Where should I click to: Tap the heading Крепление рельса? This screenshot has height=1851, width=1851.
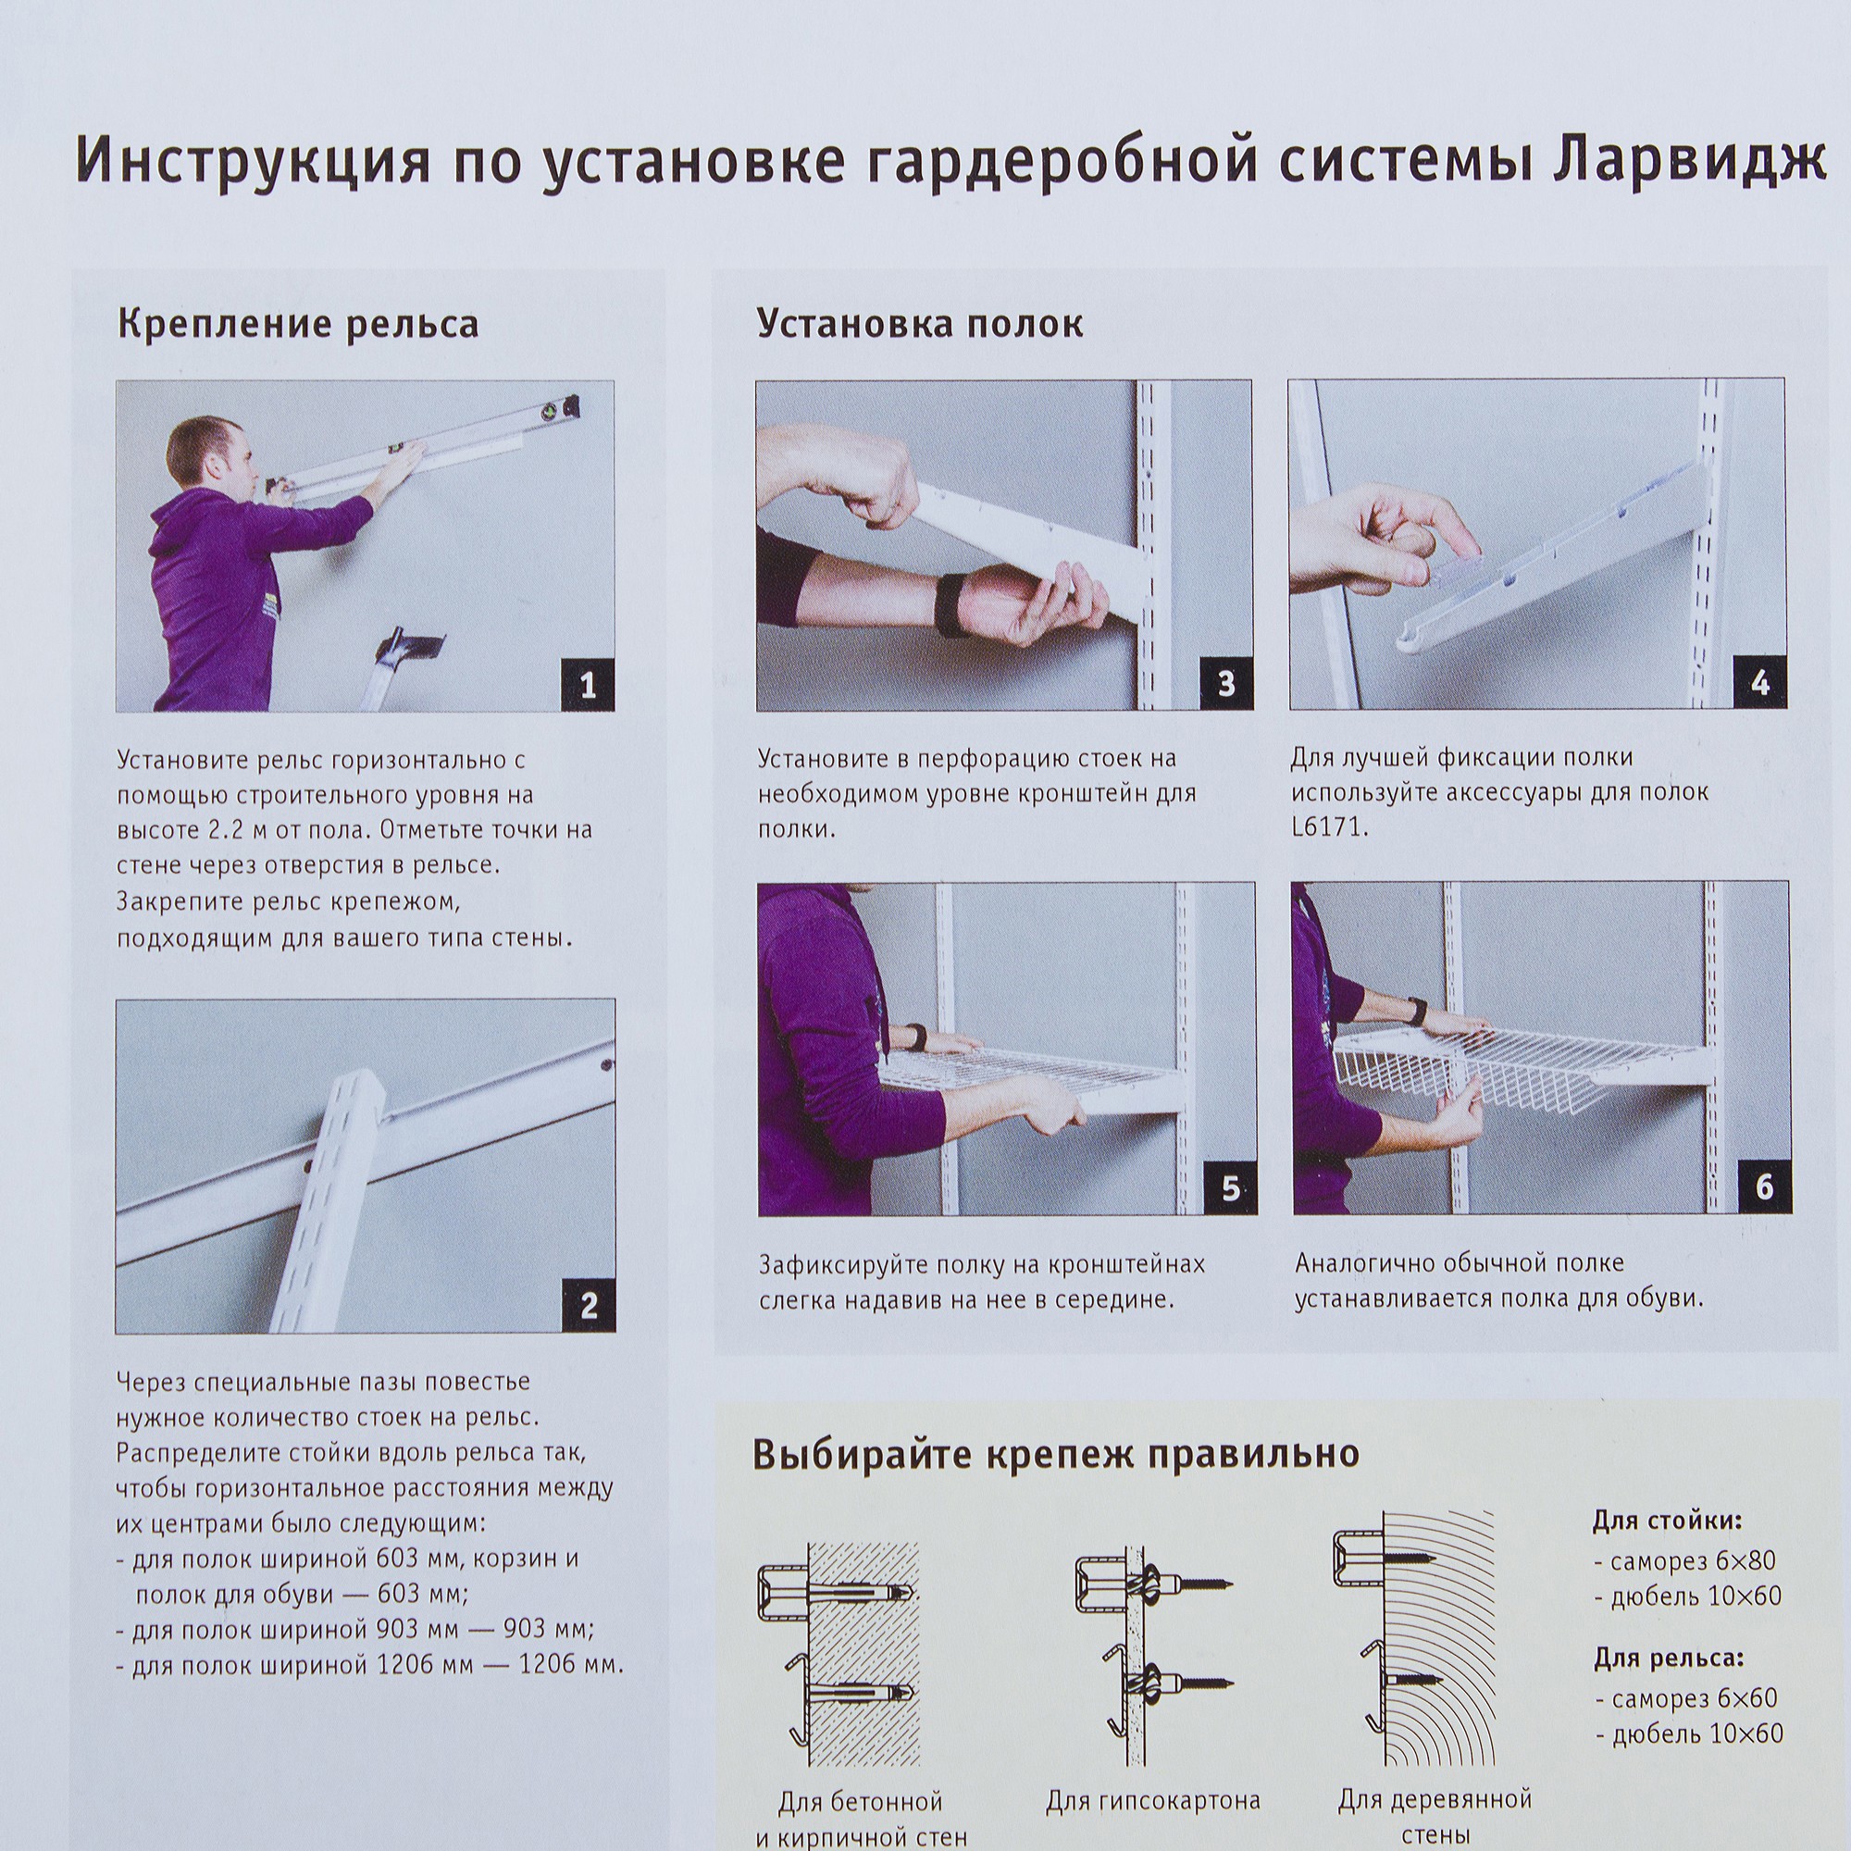pyautogui.click(x=297, y=325)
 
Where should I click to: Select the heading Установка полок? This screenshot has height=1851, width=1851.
pyautogui.click(x=920, y=324)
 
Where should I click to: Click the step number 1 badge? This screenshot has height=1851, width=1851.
pyautogui.click(x=588, y=685)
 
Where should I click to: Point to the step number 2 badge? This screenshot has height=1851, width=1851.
pyautogui.click(x=588, y=1306)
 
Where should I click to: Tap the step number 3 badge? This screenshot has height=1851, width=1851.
pyautogui.click(x=1225, y=684)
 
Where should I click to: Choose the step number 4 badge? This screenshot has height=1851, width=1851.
pyautogui.click(x=1759, y=683)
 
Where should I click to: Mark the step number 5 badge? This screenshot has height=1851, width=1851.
pyautogui.click(x=1230, y=1189)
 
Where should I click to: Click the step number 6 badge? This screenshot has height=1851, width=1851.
pyautogui.click(x=1764, y=1188)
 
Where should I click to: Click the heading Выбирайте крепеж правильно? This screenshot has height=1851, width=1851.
pyautogui.click(x=1056, y=1453)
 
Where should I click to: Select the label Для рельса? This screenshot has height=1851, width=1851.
pyautogui.click(x=1668, y=1658)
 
